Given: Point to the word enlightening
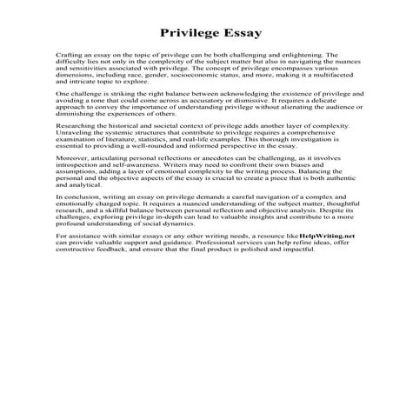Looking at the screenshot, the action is point(309,53).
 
